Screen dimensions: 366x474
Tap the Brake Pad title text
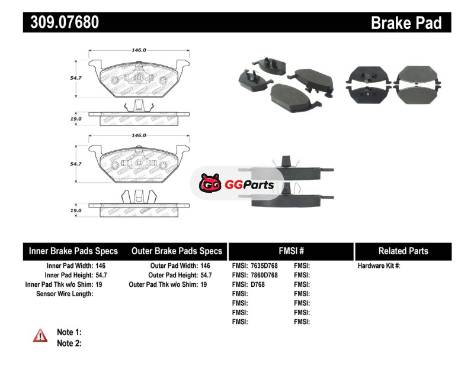406,22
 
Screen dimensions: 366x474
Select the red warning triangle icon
40,335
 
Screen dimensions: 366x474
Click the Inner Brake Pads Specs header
73,251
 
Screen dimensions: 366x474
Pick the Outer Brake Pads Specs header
177,251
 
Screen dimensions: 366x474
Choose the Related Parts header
403,251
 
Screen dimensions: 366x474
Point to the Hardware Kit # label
379,266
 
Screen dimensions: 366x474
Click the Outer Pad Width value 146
205,266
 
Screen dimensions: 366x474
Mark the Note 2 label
69,343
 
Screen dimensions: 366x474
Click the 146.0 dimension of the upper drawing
139,50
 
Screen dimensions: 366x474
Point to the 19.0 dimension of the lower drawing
75,210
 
